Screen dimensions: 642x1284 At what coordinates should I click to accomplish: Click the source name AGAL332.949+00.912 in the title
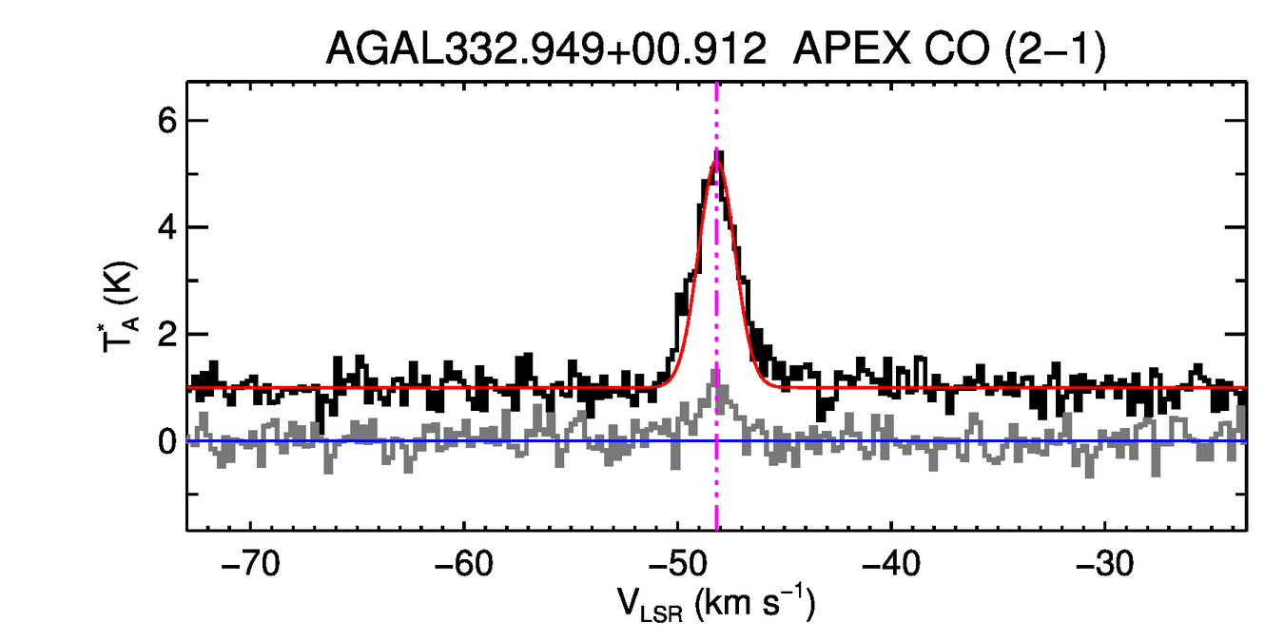point(546,49)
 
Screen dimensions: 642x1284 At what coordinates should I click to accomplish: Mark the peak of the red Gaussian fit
point(716,159)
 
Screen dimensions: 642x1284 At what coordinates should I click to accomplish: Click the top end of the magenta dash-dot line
point(716,85)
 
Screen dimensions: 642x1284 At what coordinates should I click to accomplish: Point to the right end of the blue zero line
point(1244,441)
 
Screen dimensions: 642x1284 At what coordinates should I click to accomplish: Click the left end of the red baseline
point(189,387)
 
